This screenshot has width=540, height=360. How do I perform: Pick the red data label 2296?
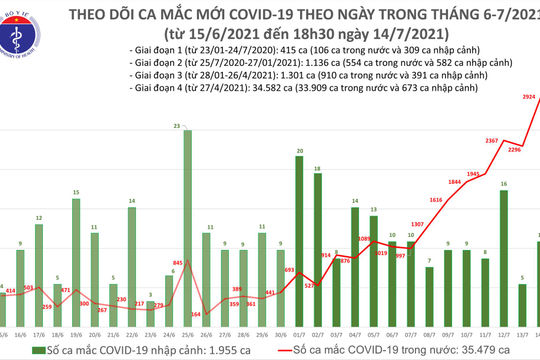pos(513,149)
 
